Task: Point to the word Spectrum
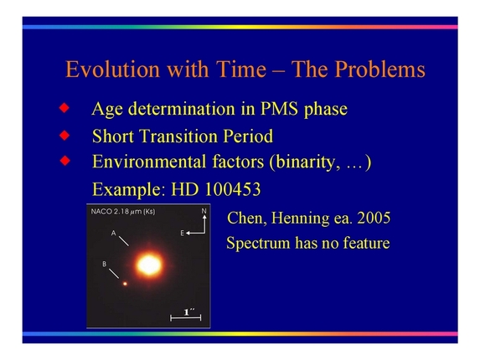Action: coord(259,244)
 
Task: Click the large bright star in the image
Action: coord(148,265)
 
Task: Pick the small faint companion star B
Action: coord(126,283)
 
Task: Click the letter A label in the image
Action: coord(113,234)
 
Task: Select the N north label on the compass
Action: coord(203,211)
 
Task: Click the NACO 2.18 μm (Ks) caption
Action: coord(123,212)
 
